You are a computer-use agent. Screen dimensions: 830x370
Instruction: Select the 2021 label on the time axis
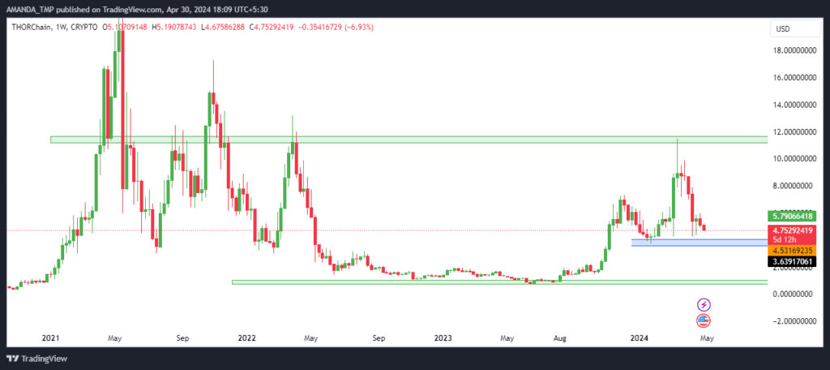tap(50, 338)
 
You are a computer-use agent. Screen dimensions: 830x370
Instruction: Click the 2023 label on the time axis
tap(443, 338)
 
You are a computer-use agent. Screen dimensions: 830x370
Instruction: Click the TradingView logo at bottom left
tap(37, 359)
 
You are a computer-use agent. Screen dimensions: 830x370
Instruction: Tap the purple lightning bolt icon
tap(704, 304)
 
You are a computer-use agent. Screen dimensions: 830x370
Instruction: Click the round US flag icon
tap(704, 321)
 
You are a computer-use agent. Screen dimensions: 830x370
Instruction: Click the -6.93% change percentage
tap(359, 27)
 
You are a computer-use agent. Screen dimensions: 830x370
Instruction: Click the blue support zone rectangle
tap(700, 243)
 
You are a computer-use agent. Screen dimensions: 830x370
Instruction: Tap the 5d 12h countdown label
tap(782, 239)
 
